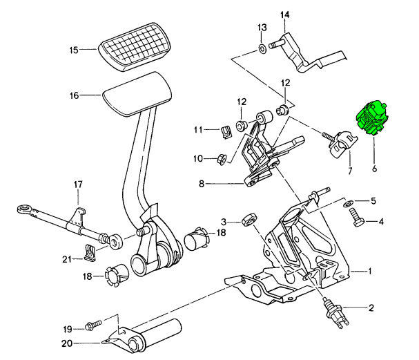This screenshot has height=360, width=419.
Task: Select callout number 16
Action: pyautogui.click(x=75, y=96)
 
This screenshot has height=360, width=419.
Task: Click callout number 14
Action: pyautogui.click(x=286, y=15)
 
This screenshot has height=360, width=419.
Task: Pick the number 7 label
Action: pyautogui.click(x=349, y=171)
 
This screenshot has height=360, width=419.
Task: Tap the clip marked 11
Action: pyautogui.click(x=226, y=129)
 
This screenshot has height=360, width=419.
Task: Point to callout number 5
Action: pyautogui.click(x=373, y=201)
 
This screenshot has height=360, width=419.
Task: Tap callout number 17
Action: pyautogui.click(x=78, y=184)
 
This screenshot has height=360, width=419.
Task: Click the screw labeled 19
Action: pyautogui.click(x=92, y=324)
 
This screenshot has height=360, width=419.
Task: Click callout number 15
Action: pyautogui.click(x=75, y=50)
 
